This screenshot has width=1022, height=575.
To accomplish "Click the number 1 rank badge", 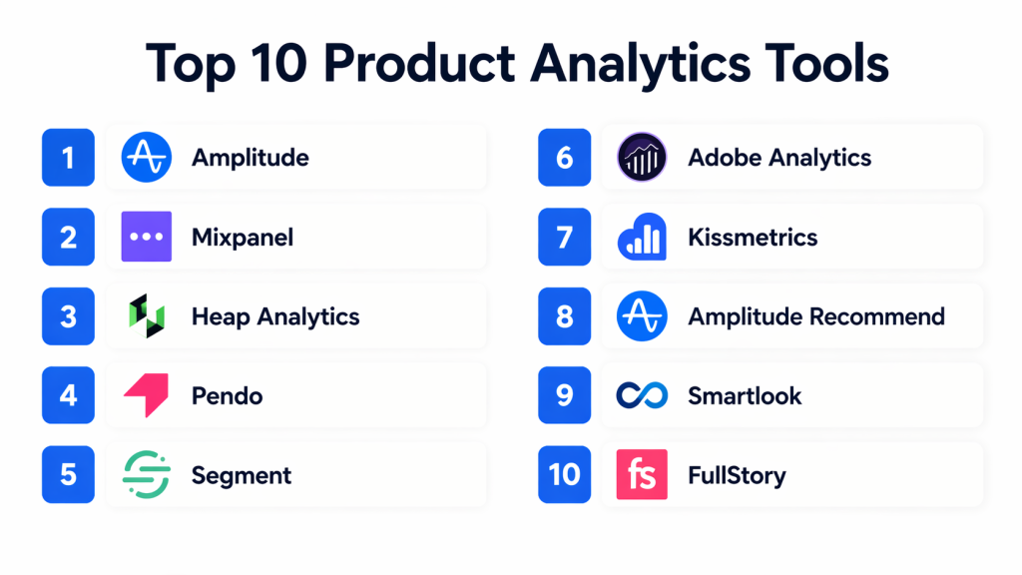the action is [69, 157].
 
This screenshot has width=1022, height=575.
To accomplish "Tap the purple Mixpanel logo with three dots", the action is [147, 237].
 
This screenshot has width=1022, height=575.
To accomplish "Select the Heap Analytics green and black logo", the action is [147, 316].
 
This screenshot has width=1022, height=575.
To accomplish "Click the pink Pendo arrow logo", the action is [147, 395].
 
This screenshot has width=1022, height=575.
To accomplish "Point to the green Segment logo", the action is [147, 474].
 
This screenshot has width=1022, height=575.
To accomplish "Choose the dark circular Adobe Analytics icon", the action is [642, 157].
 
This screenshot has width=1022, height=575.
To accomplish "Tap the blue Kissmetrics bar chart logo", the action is [642, 237].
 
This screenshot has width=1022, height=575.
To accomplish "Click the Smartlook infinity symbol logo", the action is [642, 395].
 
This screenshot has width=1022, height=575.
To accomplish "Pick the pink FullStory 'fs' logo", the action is [642, 474].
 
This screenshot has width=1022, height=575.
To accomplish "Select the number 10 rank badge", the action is [565, 474].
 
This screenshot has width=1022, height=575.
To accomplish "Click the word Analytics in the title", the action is [640, 65].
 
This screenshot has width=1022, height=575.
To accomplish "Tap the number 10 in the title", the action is [278, 63].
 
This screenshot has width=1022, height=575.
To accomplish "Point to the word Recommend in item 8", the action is [876, 316].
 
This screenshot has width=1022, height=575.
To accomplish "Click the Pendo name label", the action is [227, 395].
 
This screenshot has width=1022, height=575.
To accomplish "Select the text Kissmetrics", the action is [753, 238].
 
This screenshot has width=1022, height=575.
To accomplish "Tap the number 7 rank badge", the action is [565, 237].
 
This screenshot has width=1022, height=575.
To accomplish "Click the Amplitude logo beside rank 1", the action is [147, 157].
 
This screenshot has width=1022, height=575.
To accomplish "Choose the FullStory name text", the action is [738, 476].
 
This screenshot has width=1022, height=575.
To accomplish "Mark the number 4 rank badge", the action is [69, 395].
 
